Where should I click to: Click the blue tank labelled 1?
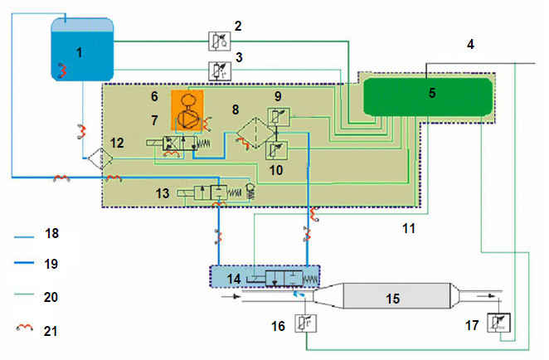[x=82, y=50]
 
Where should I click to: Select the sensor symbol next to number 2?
[x=220, y=41]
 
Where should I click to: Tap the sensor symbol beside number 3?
[x=220, y=71]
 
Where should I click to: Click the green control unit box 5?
[x=428, y=97]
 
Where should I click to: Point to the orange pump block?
[x=187, y=110]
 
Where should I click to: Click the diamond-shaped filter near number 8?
[x=256, y=134]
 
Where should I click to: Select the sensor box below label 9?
[x=279, y=117]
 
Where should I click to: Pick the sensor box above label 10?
[x=277, y=150]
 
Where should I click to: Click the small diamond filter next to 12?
[x=100, y=158]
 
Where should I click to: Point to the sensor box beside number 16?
[x=306, y=324]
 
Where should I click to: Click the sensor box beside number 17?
[x=499, y=323]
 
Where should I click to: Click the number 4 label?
[x=470, y=45]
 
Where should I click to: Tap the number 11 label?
[x=409, y=228]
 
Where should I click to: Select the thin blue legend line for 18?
[x=24, y=237]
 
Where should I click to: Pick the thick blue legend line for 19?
[x=24, y=263]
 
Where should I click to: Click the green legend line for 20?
[x=24, y=294]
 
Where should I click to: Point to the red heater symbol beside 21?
[x=25, y=328]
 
